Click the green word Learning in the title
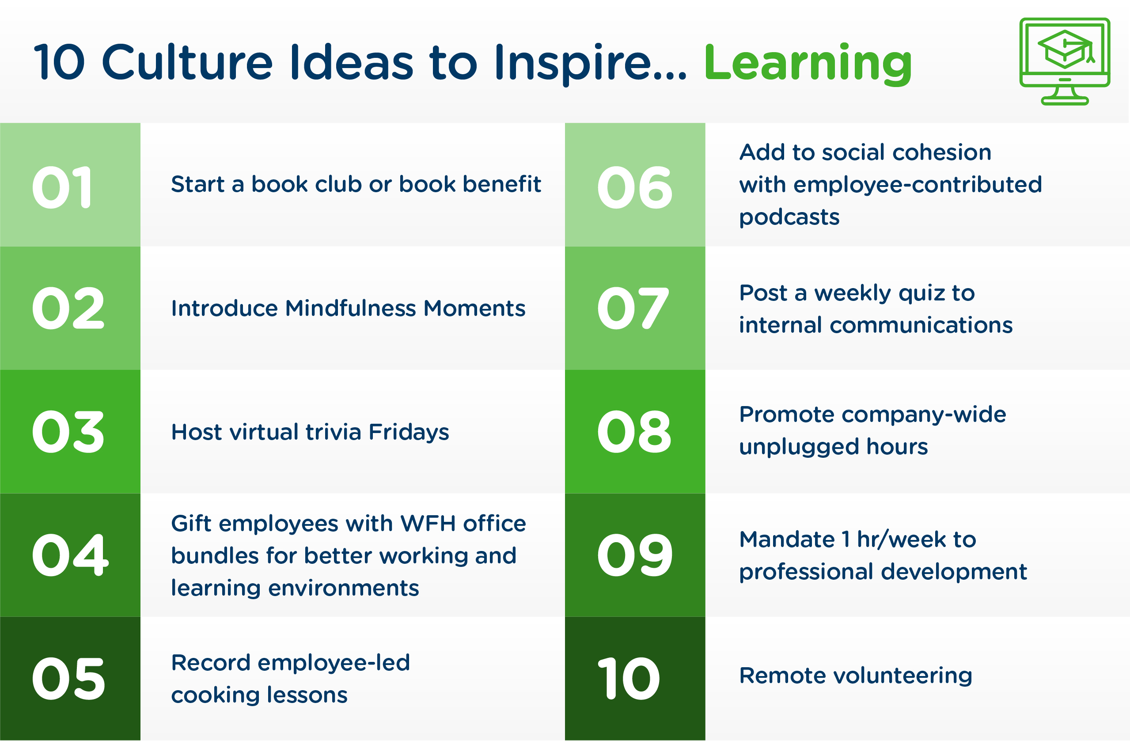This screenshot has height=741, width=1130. point(807,64)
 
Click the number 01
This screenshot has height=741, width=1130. point(62,188)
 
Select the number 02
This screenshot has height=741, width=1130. point(68,309)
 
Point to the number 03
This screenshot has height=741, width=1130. point(68,432)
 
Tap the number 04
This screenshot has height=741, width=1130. point(70,555)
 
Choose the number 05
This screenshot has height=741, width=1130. point(69,679)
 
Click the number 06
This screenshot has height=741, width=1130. point(635,188)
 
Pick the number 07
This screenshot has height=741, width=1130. point(633,309)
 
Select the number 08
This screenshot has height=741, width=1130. point(634,432)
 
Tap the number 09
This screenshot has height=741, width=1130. point(635,555)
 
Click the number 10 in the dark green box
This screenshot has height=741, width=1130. point(629,679)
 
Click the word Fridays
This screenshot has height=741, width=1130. point(408,433)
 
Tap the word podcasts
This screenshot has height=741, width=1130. point(789,217)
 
